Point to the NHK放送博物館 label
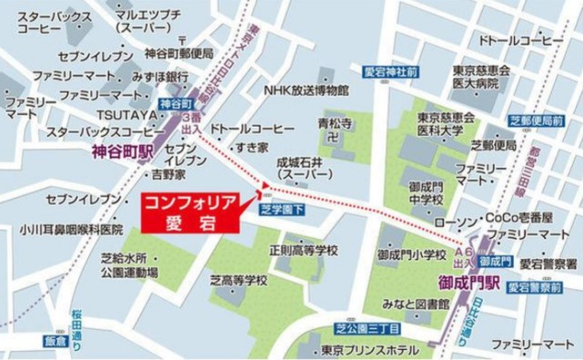[306, 90]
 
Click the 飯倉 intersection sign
[56, 342]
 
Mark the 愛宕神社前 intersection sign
[392, 70]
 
